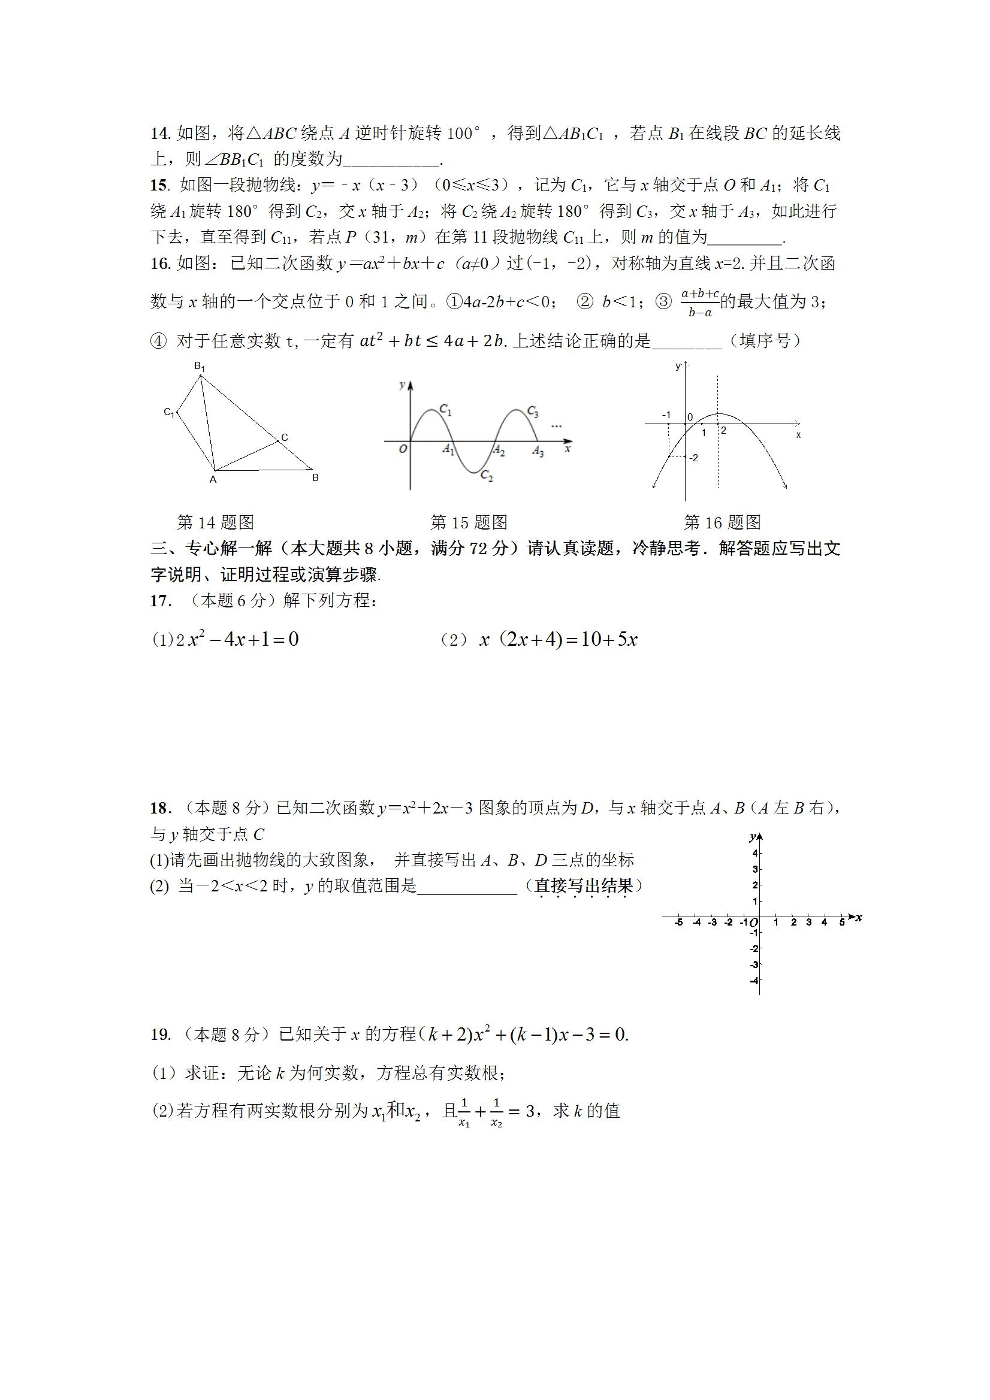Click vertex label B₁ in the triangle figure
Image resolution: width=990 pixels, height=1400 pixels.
200,367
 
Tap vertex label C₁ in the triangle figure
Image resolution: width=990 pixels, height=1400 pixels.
169,413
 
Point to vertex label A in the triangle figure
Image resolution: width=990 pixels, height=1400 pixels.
213,480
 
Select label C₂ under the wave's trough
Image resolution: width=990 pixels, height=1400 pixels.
487,476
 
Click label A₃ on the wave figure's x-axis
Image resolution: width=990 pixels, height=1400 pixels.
538,452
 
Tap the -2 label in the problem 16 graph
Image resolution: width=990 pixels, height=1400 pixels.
693,458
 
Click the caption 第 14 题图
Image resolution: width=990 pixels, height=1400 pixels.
215,522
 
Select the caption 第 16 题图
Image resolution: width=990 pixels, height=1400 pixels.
722,522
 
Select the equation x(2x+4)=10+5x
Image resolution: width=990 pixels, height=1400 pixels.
558,640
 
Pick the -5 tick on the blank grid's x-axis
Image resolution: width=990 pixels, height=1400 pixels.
678,923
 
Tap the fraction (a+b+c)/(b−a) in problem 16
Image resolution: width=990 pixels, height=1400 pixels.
699,303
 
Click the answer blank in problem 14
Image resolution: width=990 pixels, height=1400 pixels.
391,161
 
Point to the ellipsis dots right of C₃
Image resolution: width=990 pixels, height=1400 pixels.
556,426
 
